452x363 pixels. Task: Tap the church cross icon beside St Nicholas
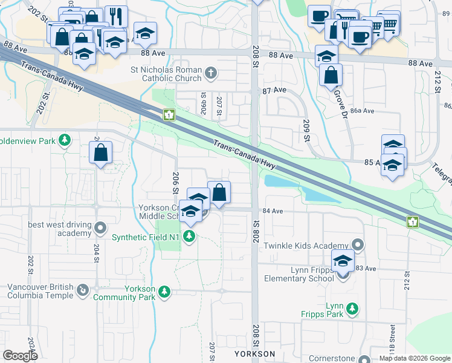210,74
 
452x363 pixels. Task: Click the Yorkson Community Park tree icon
164,293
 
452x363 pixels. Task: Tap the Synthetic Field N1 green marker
190,236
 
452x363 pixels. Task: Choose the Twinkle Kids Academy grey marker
358,245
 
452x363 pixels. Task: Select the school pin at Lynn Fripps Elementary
343,262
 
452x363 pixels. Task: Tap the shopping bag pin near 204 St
101,154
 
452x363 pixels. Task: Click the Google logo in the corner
20,355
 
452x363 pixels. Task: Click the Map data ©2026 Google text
415,358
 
